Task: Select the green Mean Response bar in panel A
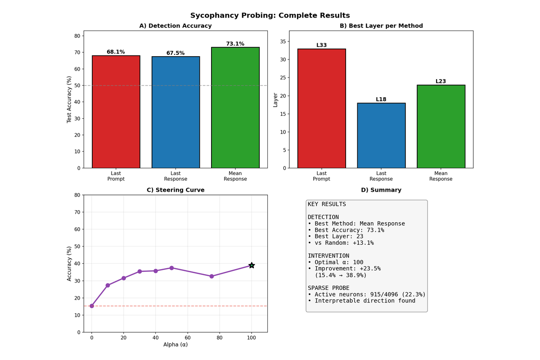click(235, 108)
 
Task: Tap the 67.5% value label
click(175, 53)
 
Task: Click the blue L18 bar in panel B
click(381, 135)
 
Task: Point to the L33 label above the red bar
click(322, 45)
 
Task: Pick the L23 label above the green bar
click(441, 81)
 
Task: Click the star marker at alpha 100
click(252, 265)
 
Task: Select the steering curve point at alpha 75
click(211, 276)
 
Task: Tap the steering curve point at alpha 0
click(92, 306)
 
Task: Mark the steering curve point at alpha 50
click(171, 268)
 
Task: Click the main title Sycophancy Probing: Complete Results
click(270, 16)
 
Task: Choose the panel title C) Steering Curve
click(176, 190)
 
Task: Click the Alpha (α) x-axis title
click(176, 345)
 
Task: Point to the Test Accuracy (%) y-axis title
click(69, 99)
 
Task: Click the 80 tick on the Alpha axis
click(220, 337)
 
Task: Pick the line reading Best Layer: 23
click(335, 236)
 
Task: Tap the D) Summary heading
click(381, 190)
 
